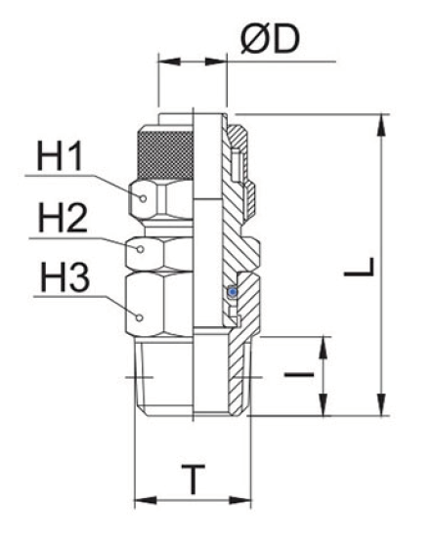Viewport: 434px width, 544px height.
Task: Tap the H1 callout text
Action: point(62,156)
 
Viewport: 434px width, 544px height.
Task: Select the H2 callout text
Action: point(62,218)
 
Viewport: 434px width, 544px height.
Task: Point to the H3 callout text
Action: point(62,280)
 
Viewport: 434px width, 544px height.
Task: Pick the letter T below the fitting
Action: point(195,480)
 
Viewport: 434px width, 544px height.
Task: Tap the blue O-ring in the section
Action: point(232,292)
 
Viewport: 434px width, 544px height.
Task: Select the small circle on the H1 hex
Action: point(144,198)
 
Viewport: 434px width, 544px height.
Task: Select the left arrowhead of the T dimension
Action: point(140,501)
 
